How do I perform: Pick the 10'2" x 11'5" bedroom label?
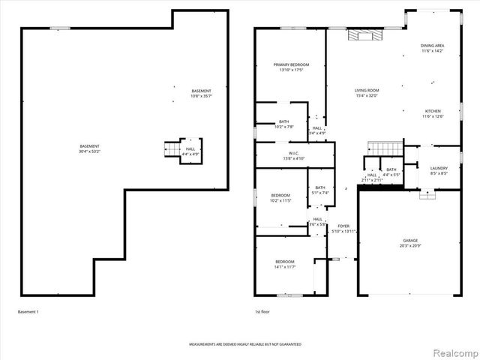[280, 198]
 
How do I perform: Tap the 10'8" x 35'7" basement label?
[201, 94]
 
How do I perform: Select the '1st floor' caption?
[262, 311]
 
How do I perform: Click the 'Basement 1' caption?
[28, 311]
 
